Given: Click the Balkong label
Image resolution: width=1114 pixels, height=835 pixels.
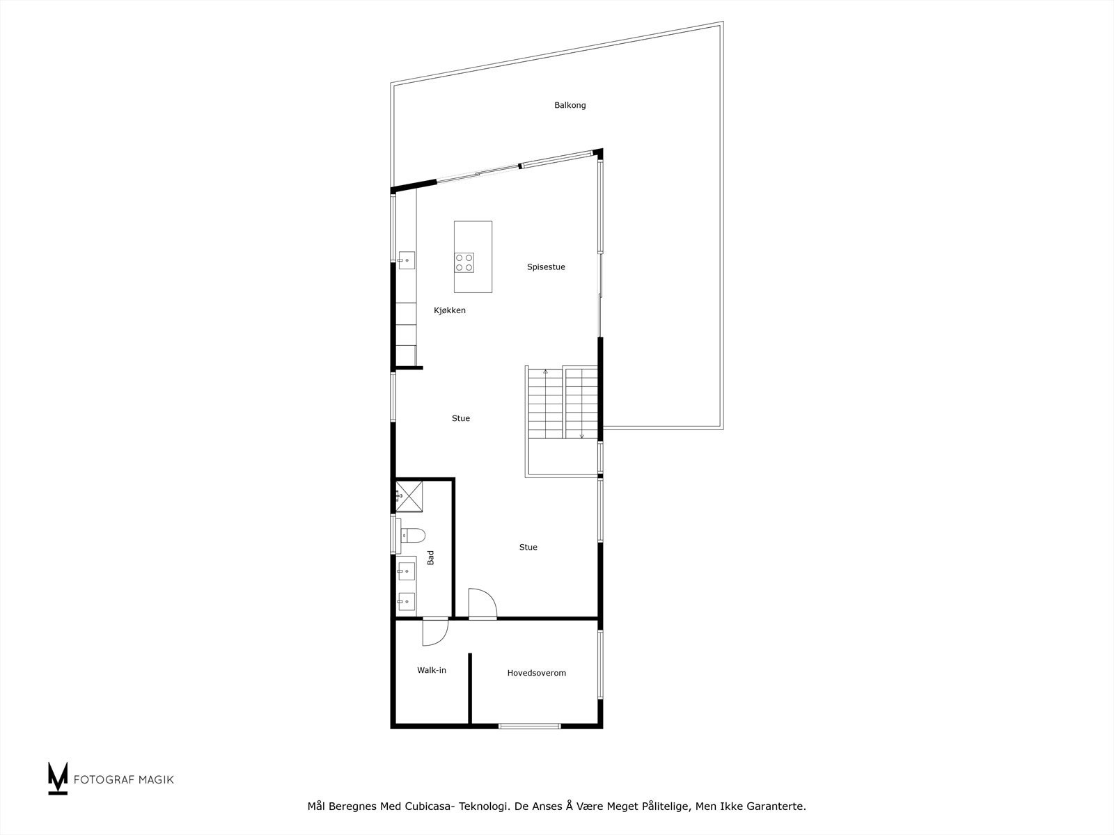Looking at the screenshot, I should click(x=570, y=106).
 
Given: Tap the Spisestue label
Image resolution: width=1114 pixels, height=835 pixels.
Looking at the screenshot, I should click(x=546, y=267).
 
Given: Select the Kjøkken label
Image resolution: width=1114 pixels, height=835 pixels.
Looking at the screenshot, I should click(x=449, y=310).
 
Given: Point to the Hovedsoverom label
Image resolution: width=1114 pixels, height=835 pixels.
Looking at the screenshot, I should click(x=536, y=673).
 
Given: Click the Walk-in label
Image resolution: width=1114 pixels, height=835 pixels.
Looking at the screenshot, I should click(x=432, y=670).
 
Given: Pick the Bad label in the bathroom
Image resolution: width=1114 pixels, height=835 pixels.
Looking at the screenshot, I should click(x=431, y=557).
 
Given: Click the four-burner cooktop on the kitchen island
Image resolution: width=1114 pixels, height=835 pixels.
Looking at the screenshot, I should click(x=464, y=262).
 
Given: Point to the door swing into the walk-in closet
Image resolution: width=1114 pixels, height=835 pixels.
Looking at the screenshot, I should click(x=435, y=632).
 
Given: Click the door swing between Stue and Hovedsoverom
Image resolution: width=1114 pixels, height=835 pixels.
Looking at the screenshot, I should click(x=482, y=603).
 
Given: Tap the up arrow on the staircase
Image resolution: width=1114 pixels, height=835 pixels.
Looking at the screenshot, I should click(x=545, y=372).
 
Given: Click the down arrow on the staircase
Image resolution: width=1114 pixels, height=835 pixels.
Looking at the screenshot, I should click(x=581, y=436).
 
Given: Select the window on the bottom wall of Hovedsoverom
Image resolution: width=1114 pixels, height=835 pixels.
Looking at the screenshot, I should click(x=530, y=726).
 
